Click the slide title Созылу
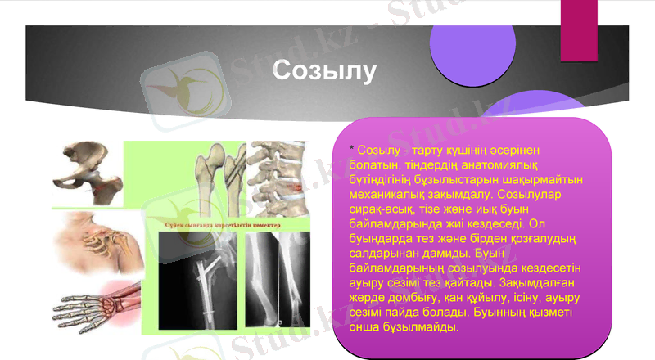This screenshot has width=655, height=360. click(325, 70)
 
